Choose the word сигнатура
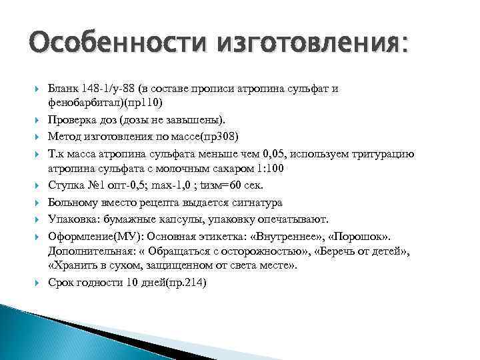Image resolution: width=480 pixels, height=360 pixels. point(256,202)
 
